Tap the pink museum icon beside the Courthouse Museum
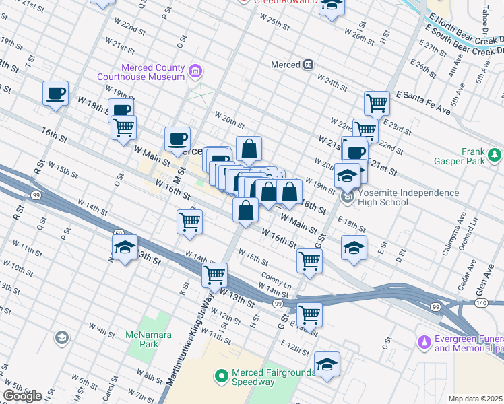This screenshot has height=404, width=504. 195,70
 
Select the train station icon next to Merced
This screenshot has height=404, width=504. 308,65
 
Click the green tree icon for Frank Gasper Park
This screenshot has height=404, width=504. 495,156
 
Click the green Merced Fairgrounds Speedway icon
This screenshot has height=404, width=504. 221,376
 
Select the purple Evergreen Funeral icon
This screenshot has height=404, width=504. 424,343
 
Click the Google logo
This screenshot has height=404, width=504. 22,396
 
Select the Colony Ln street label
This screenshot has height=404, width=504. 277,279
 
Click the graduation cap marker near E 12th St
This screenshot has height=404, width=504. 327,364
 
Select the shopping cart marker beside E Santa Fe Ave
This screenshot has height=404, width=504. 377,103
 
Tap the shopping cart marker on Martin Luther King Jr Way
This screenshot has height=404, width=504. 214,274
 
